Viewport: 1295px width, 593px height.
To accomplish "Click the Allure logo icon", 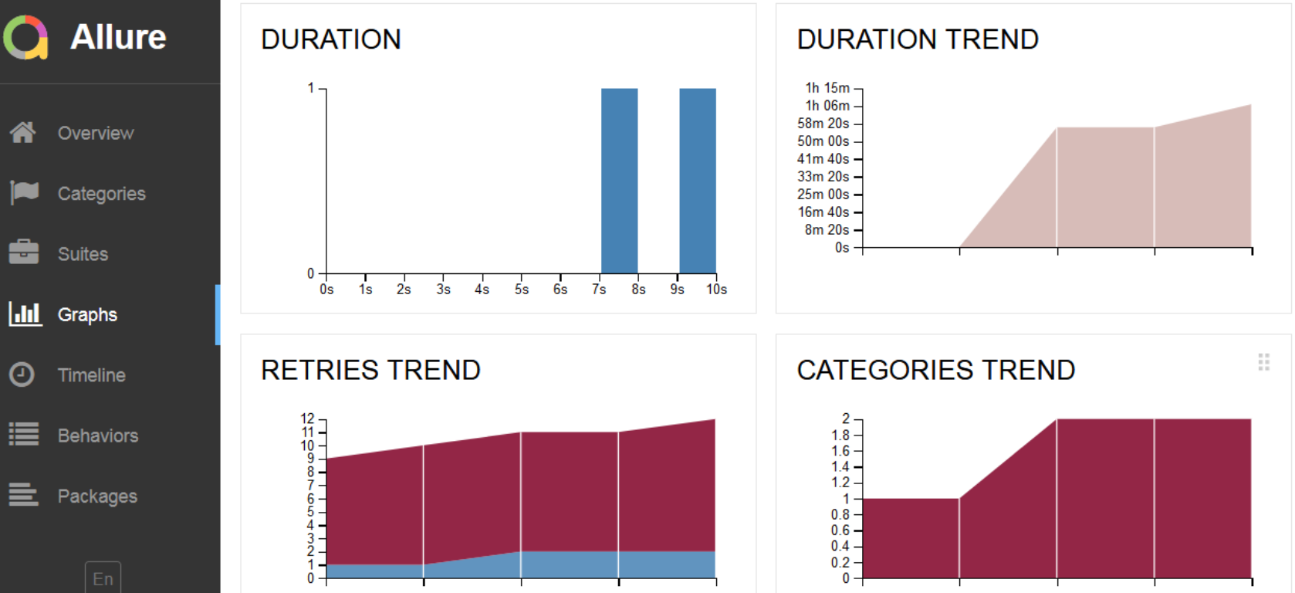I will tap(25, 37).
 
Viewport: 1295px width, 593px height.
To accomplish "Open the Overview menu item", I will tap(96, 133).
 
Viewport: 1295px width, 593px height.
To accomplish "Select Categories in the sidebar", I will tap(101, 194).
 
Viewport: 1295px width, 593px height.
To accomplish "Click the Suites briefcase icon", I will tap(24, 252).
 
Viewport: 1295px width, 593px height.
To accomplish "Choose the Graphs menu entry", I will tap(87, 314).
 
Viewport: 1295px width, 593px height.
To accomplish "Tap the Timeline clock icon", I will tap(22, 374).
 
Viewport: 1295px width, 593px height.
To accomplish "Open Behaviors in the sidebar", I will tap(97, 435).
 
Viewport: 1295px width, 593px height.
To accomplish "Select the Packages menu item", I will tap(97, 496).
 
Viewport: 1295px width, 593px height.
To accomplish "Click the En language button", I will tap(103, 578).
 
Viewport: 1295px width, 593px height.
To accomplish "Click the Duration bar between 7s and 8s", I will tap(619, 181).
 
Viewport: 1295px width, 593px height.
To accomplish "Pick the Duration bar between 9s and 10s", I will tap(697, 181).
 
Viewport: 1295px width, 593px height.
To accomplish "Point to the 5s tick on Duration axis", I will tap(522, 289).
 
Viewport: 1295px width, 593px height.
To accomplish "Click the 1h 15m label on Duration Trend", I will tap(827, 88).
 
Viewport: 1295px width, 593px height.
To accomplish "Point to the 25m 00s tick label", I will tap(823, 195).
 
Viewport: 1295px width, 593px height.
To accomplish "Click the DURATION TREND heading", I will tap(918, 39).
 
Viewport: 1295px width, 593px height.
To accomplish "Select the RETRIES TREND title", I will tap(370, 370).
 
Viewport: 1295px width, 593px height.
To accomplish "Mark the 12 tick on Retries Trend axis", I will tap(308, 418).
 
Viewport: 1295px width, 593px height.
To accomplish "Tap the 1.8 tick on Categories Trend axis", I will tap(840, 435).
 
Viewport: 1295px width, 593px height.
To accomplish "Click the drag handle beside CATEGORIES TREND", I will tap(1263, 361).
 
